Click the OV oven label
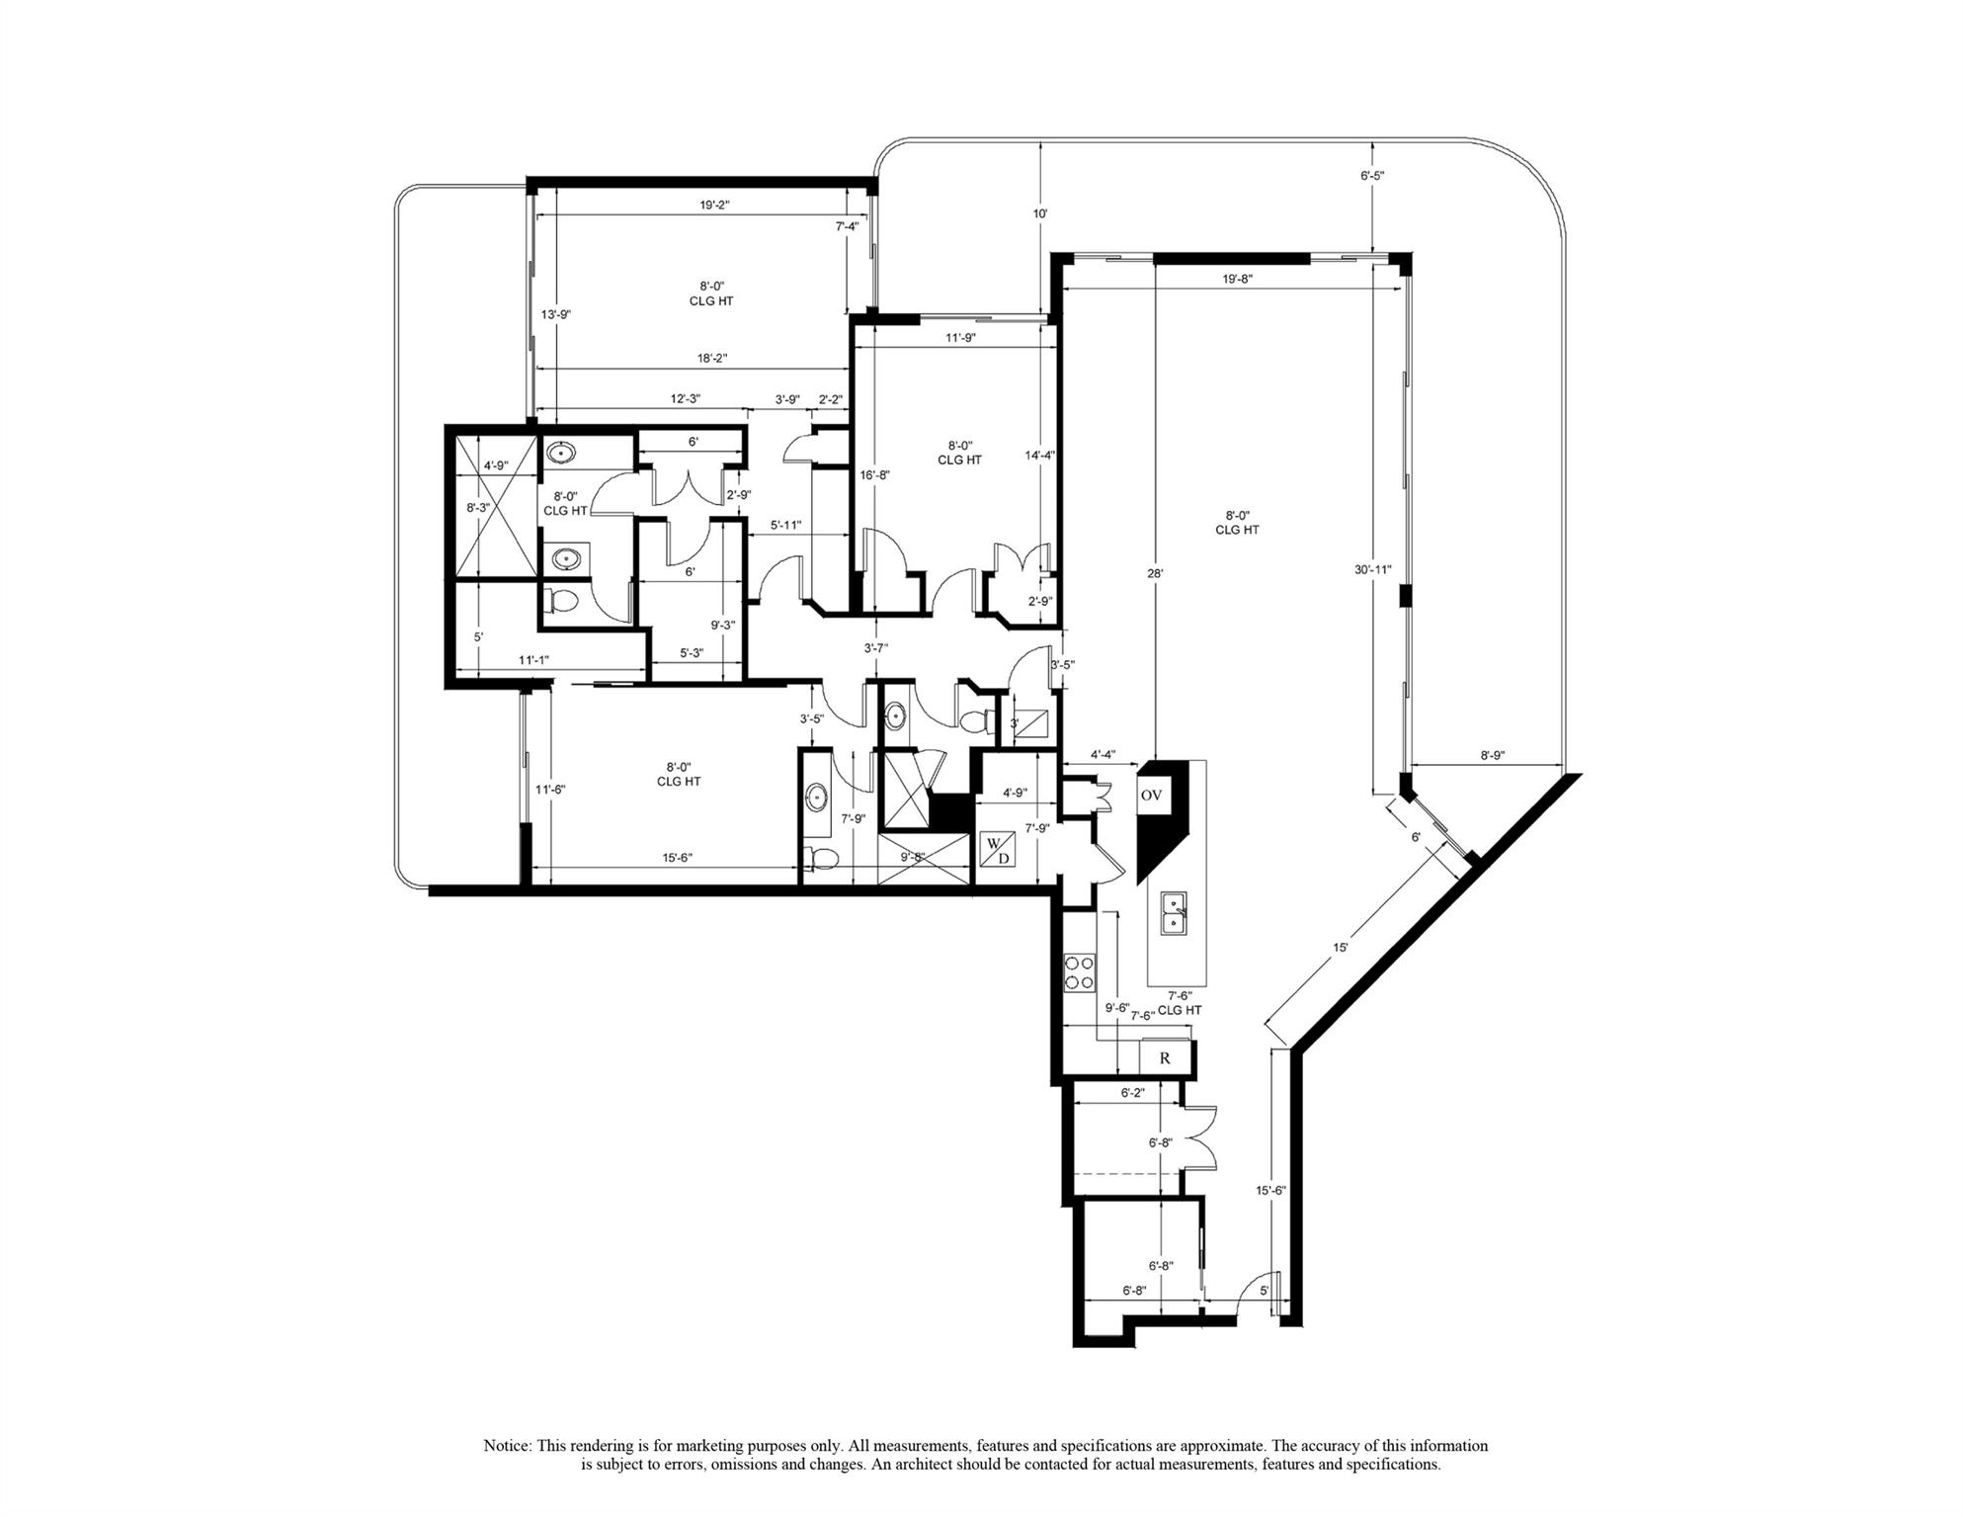[x=1151, y=795]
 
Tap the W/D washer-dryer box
[x=997, y=850]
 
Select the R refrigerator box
[x=1165, y=1057]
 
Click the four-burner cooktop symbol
[x=1079, y=971]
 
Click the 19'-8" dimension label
[x=1237, y=280]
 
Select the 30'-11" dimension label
[x=1373, y=569]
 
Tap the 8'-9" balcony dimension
[x=1492, y=755]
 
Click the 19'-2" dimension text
[x=714, y=205]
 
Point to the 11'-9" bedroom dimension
[x=960, y=337]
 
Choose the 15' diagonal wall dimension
[x=1341, y=947]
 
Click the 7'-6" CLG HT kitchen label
[x=1180, y=1003]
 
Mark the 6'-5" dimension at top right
[x=1372, y=176]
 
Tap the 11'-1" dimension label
[x=533, y=659]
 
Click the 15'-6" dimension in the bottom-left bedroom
[x=677, y=858]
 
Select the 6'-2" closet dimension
[x=1135, y=1093]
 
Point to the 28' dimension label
[x=1154, y=573]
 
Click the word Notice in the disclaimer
[x=507, y=1445]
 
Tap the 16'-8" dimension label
[x=875, y=474]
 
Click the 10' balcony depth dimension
[x=1040, y=213]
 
